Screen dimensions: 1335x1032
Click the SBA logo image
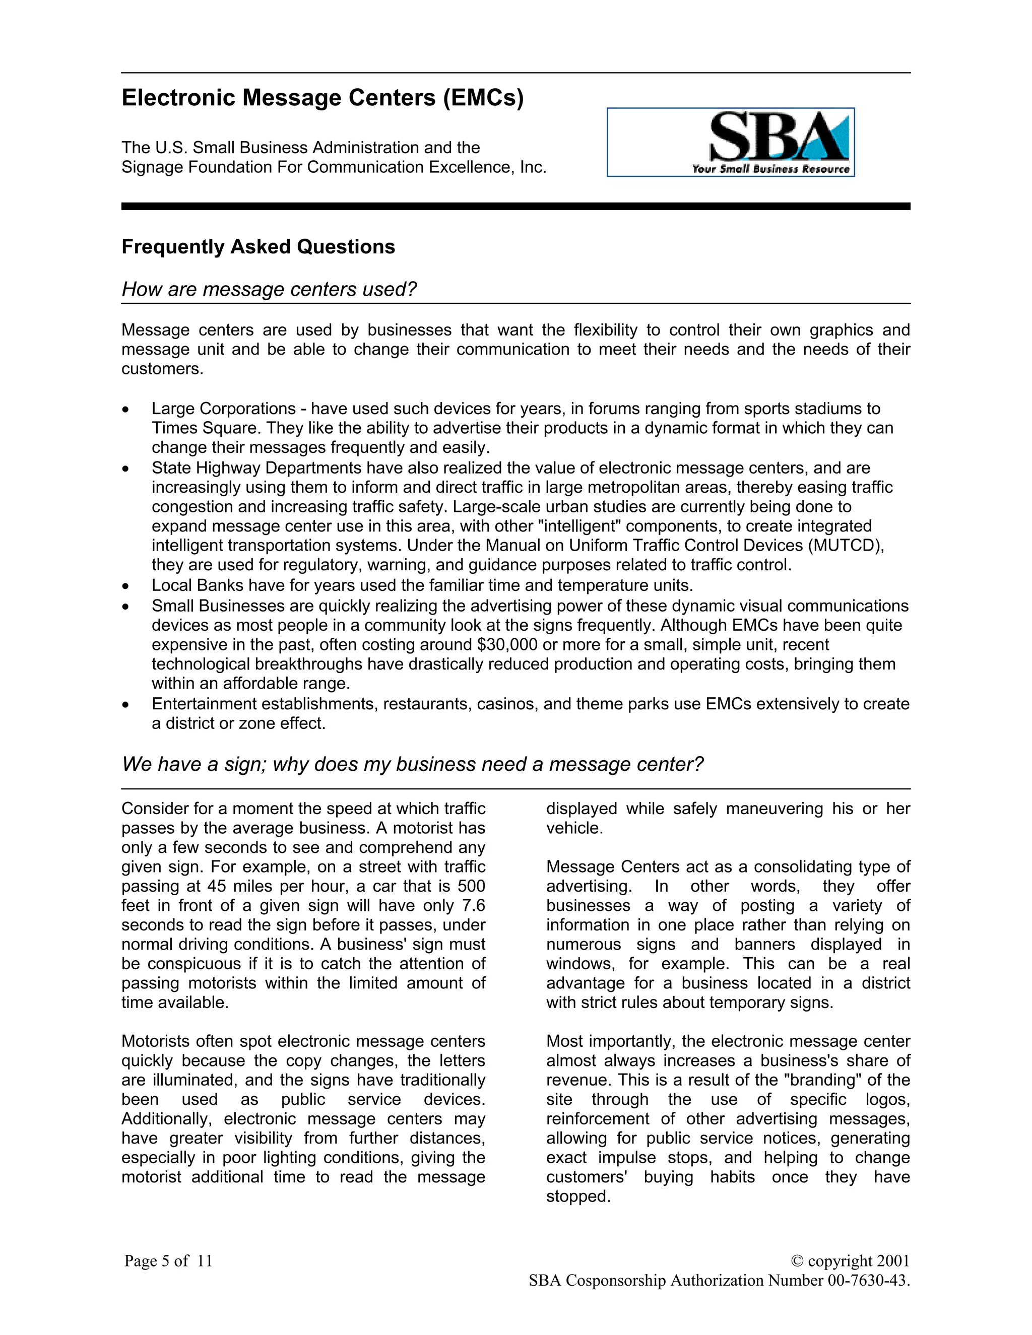tap(730, 142)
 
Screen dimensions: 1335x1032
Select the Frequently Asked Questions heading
tap(258, 247)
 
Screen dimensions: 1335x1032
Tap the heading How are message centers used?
tap(269, 289)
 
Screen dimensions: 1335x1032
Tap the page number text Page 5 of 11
tap(168, 1260)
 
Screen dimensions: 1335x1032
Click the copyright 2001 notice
tap(850, 1260)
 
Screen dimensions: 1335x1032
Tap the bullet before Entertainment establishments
tap(125, 705)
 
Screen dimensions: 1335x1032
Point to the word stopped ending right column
tap(578, 1196)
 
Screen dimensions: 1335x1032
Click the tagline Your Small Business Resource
tap(770, 169)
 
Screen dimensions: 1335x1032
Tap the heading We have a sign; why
tap(412, 764)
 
